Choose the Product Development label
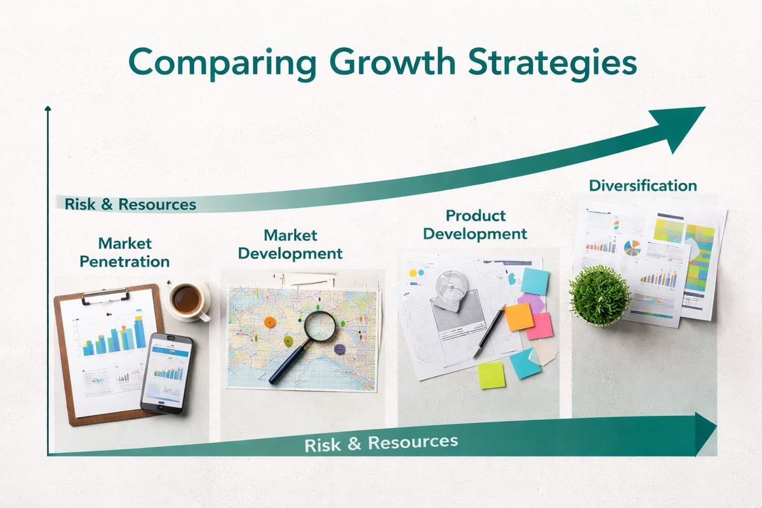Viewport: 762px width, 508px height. click(475, 224)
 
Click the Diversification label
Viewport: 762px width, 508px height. click(643, 185)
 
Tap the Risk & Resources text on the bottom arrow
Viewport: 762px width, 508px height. click(381, 443)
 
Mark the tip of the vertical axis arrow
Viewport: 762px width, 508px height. click(48, 109)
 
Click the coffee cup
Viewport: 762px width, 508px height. click(187, 298)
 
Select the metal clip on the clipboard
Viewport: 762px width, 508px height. click(105, 295)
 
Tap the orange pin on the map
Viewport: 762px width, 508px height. click(269, 322)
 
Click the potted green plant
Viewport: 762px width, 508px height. click(599, 295)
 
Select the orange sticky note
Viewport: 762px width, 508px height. click(519, 316)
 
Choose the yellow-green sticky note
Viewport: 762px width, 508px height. click(491, 375)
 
